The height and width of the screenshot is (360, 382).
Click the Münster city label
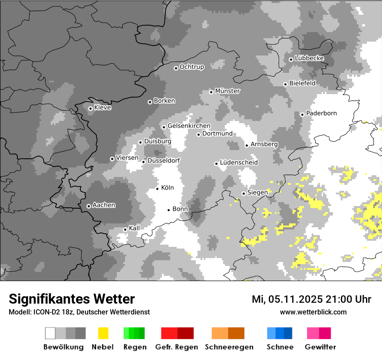(227, 91)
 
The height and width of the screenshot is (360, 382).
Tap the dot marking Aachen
(89, 206)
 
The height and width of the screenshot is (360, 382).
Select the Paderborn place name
(321, 113)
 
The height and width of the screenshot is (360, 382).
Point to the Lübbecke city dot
(291, 59)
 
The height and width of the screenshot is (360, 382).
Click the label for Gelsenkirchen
(189, 126)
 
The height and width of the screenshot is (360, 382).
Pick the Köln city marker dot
(157, 188)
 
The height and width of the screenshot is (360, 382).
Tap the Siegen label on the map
(257, 192)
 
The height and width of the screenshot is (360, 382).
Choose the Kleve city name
(102, 108)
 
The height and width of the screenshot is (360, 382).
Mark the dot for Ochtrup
(176, 68)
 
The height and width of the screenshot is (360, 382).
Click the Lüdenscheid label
(239, 163)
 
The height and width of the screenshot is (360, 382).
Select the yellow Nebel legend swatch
(103, 333)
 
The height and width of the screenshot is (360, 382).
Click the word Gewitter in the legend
(320, 347)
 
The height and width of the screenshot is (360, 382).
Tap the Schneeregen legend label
(229, 347)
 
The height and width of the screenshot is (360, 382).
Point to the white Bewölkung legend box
(50, 333)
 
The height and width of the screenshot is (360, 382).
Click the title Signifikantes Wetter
(72, 299)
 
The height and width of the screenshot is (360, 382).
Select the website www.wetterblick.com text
(313, 312)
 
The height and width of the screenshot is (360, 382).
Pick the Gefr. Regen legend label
(176, 347)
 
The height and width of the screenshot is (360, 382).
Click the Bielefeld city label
(302, 83)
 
